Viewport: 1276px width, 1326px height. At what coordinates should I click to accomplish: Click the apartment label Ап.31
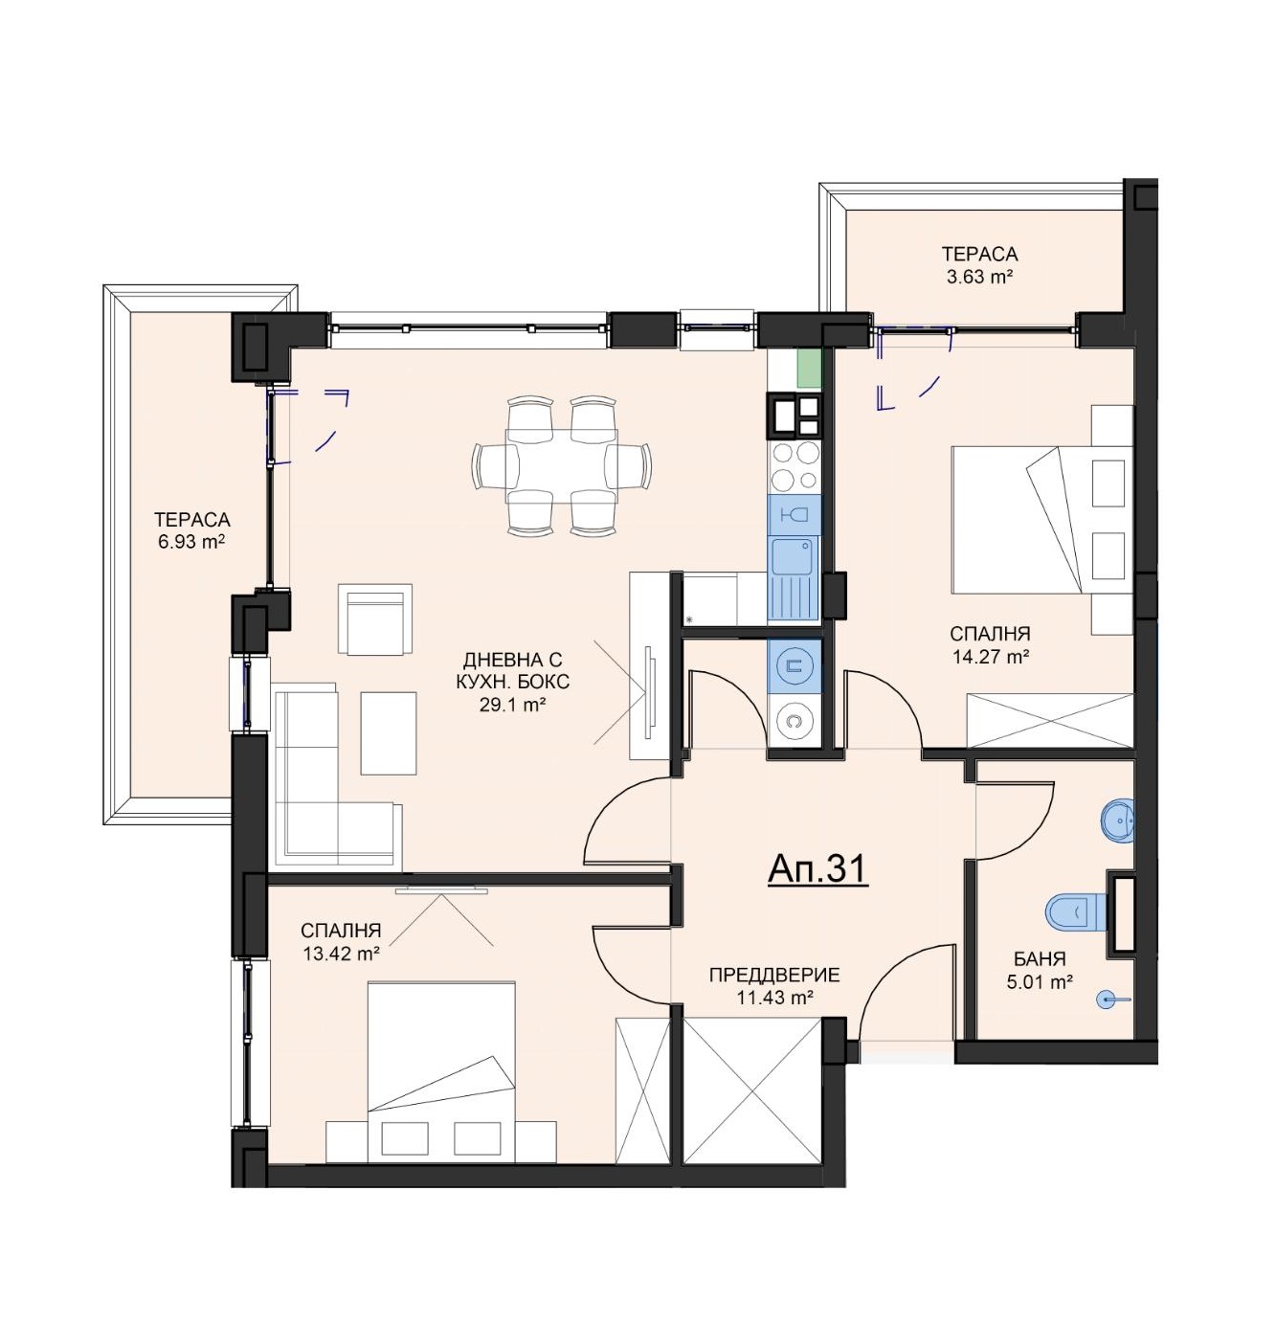coord(817,868)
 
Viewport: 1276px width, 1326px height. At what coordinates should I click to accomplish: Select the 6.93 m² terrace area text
coord(191,542)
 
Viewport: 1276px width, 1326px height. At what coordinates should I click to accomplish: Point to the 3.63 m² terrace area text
coord(978,277)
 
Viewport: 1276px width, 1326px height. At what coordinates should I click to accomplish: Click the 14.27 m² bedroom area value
coord(990,657)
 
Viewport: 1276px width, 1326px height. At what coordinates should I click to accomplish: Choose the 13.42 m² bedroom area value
coord(341,954)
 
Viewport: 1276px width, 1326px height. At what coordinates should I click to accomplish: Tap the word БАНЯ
coord(1040,959)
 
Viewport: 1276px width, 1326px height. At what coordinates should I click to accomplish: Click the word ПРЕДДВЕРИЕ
coord(774,975)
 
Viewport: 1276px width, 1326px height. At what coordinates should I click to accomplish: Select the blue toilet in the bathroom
coord(1075,911)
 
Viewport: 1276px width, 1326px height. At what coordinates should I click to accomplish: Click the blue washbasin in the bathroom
coord(1116,821)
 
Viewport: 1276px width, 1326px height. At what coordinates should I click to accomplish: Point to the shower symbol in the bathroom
coord(1110,1000)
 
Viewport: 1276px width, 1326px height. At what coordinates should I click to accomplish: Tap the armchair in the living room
coord(374,619)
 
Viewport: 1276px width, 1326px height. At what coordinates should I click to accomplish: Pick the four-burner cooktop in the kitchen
coord(794,465)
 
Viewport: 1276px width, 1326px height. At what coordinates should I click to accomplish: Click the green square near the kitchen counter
coord(809,368)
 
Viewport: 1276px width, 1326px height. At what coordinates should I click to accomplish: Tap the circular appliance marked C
coord(793,720)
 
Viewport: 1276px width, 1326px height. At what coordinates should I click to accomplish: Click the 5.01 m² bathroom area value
coord(1040,982)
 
